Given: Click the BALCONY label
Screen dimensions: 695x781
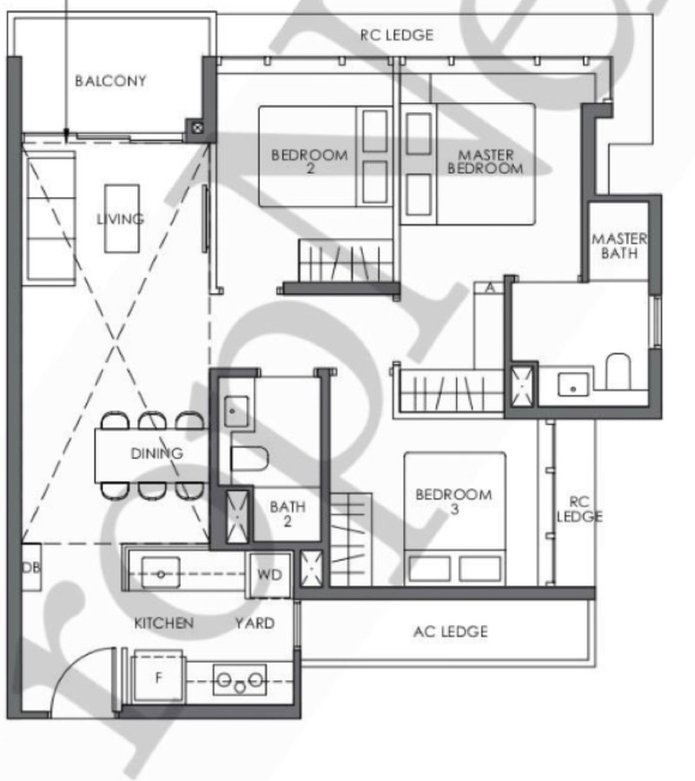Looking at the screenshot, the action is (x=110, y=81).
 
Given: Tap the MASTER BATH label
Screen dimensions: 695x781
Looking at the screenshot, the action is (x=619, y=246).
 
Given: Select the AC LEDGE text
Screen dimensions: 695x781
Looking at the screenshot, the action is (x=450, y=632).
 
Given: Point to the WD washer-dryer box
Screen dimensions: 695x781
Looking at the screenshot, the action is (x=269, y=574).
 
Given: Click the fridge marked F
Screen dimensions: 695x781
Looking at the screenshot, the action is (x=158, y=678).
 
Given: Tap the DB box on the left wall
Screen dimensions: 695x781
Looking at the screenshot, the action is (x=31, y=566).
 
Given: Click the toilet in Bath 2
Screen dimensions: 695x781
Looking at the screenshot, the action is (x=250, y=458).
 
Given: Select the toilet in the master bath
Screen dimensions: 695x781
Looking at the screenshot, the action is (x=619, y=371).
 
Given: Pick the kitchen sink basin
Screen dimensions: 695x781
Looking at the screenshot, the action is (x=161, y=573).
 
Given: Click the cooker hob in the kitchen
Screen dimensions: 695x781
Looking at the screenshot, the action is (x=240, y=680).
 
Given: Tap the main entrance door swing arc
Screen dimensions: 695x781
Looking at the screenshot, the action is (x=75, y=667).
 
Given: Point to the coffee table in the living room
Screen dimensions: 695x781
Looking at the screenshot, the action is (x=122, y=219).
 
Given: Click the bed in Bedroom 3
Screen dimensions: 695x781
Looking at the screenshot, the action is (x=455, y=519).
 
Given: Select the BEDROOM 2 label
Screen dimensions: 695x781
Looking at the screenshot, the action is (x=309, y=162).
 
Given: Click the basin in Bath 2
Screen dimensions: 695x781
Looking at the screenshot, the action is (x=236, y=411).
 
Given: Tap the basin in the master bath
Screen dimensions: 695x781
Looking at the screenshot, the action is (x=573, y=385).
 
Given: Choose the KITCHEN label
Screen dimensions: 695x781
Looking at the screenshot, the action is (x=164, y=623).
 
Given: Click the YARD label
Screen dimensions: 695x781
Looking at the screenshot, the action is (x=255, y=623).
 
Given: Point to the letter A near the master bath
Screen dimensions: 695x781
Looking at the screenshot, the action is (x=490, y=288).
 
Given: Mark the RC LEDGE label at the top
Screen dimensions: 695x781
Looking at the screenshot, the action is (x=396, y=35).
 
